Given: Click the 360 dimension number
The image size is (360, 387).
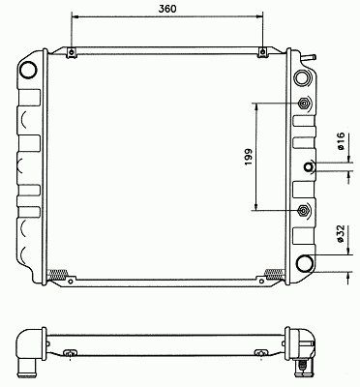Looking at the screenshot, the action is [167, 9].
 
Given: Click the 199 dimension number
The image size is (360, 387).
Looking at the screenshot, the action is [248, 157].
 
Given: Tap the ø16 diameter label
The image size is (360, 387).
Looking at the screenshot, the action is [341, 141].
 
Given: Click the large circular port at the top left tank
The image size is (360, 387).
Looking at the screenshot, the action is [28, 69].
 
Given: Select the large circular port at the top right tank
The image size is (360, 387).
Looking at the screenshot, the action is [301, 77].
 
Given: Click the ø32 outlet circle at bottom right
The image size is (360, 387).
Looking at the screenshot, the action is [305, 263].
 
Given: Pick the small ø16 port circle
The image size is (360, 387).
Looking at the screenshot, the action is [309, 166].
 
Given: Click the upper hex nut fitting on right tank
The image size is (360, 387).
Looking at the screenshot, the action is [304, 104].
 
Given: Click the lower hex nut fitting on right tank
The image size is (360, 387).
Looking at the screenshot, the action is [304, 210].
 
